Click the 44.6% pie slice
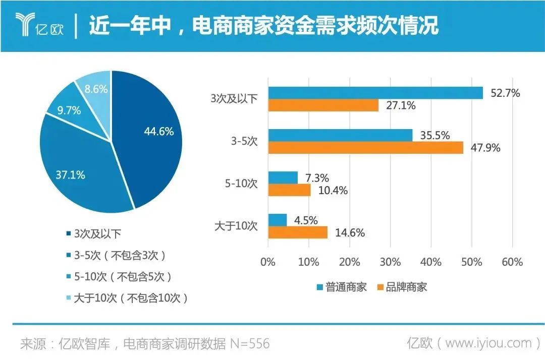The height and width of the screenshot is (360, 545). click(151, 136)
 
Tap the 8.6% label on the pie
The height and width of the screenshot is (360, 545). click(96, 89)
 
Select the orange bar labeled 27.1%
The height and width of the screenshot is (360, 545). click(323, 105)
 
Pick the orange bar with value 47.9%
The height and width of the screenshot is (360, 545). click(365, 148)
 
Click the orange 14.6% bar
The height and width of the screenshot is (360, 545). click(298, 232)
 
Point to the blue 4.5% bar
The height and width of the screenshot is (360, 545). click(277, 220)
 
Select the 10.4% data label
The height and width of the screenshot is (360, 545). click(333, 191)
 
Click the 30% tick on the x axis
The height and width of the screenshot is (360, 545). click(390, 263)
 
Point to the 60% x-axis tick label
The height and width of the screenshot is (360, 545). click(512, 263)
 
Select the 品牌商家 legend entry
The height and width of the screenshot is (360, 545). click(402, 287)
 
